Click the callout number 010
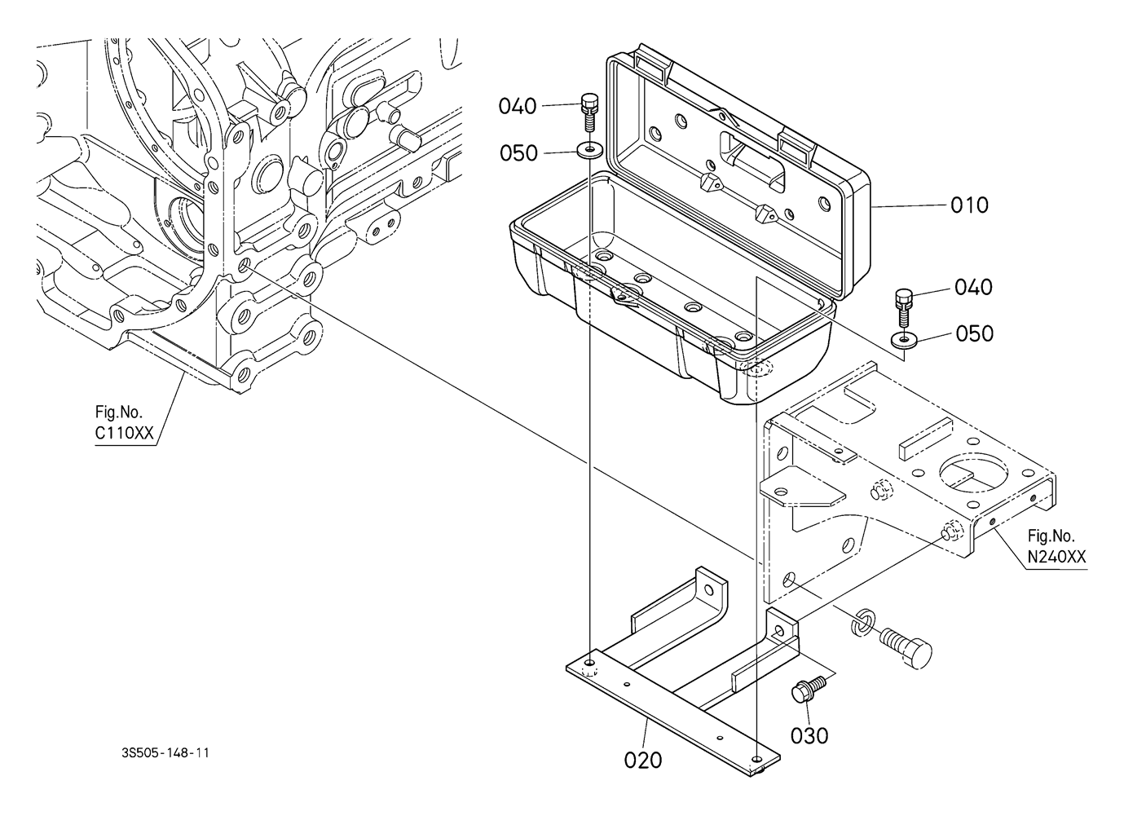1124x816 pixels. point(969,205)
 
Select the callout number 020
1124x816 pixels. point(643,760)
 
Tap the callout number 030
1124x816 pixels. point(809,735)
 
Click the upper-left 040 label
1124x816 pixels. point(518,106)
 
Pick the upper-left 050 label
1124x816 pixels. point(518,153)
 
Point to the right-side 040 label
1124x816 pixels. point(973,287)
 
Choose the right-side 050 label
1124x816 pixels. point(975,333)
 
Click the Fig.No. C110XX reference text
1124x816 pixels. point(124,424)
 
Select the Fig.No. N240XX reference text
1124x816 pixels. point(1056,547)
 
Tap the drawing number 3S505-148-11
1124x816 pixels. point(163,753)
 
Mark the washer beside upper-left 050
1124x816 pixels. point(588,151)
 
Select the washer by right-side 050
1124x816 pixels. point(902,339)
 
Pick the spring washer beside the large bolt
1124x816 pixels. point(862,621)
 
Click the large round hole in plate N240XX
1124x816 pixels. point(974,474)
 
